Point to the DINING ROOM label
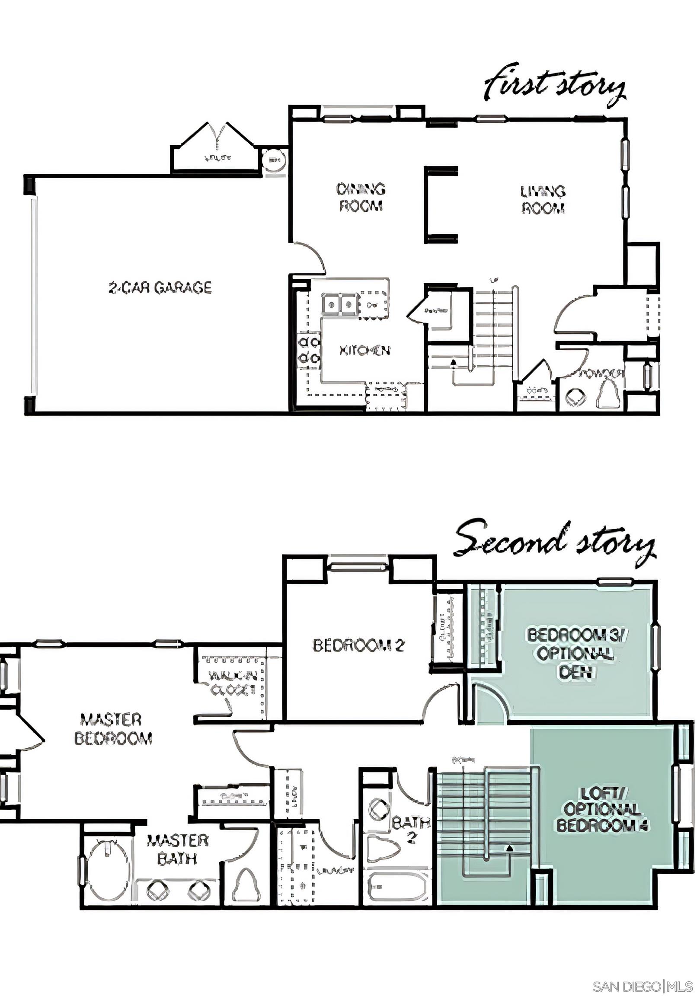[361, 198]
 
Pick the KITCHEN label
[364, 350]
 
